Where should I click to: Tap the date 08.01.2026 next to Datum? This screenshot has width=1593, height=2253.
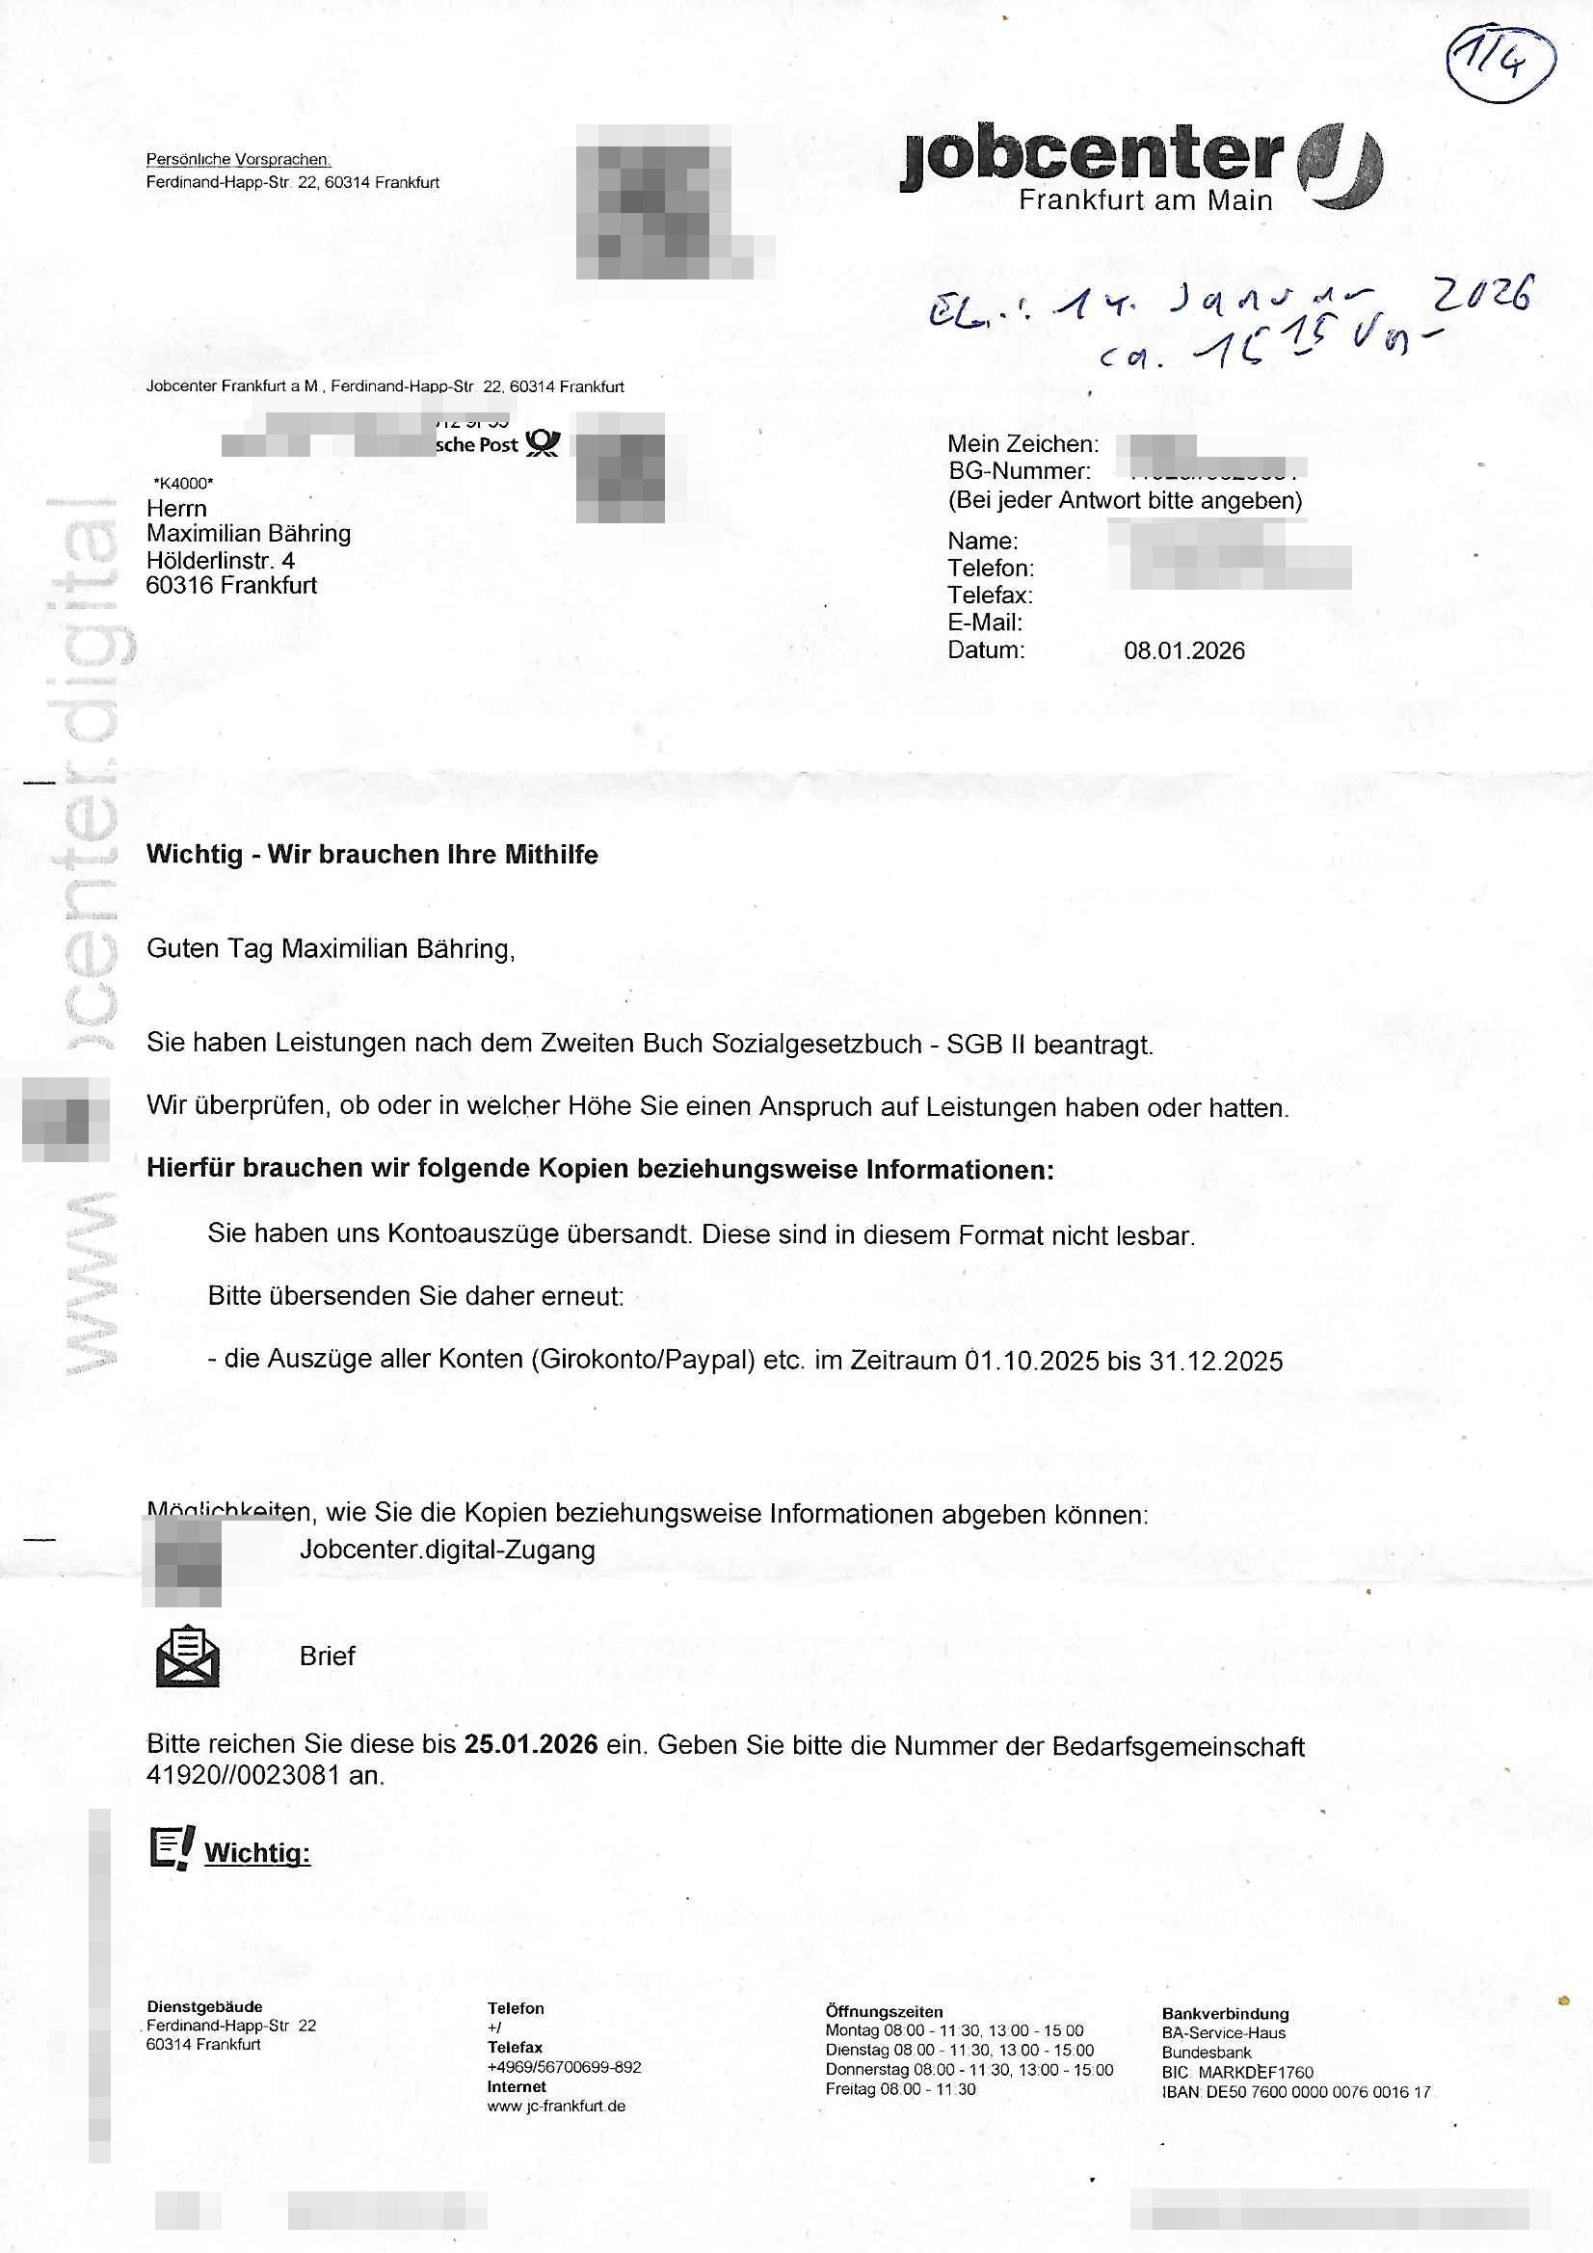click(x=1183, y=650)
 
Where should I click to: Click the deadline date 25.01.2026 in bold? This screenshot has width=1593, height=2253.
click(x=531, y=1744)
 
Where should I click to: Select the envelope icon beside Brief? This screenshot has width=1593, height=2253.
click(x=188, y=1656)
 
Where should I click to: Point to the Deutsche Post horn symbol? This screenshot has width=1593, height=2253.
click(x=542, y=443)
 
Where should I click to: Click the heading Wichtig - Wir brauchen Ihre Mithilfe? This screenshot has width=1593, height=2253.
click(x=372, y=854)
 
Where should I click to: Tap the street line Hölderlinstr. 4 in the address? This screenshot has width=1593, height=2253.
click(x=220, y=560)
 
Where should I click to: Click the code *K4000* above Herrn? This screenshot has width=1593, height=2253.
click(x=182, y=483)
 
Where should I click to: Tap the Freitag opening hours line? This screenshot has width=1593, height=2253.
click(x=900, y=2089)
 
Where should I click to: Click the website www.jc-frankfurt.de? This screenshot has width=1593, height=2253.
click(x=555, y=2106)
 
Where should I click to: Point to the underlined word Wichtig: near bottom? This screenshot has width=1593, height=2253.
click(x=257, y=1853)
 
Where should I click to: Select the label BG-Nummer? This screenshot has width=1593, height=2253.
click(x=1019, y=471)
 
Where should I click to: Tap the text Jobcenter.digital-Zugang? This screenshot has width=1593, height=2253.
click(x=446, y=1550)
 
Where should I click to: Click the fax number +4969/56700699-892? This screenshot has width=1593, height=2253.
click(x=564, y=2067)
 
